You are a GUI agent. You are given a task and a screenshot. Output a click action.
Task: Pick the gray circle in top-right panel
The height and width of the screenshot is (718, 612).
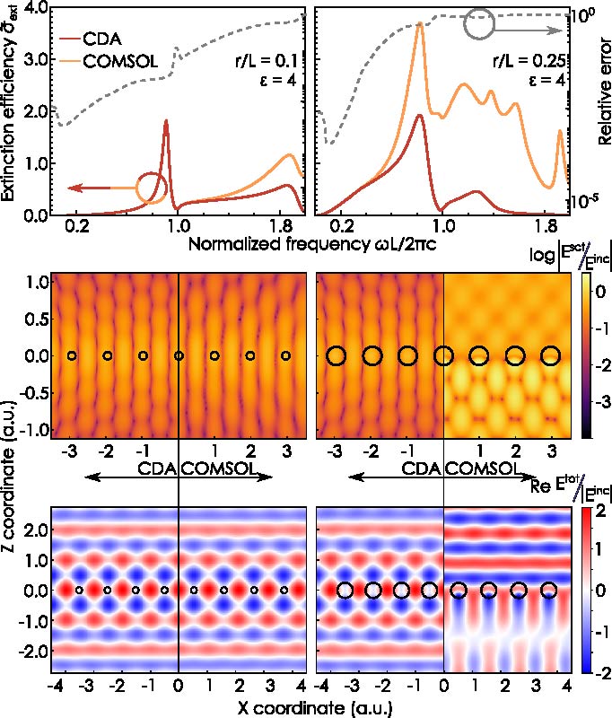pyautogui.click(x=478, y=25)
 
